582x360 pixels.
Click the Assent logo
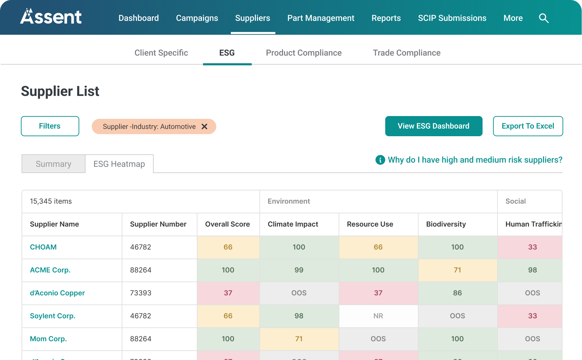(51, 17)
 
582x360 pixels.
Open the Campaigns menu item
(197, 18)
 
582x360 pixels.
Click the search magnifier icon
(543, 18)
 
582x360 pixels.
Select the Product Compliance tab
(304, 53)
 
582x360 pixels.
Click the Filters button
(50, 126)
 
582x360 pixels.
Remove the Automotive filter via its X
(204, 126)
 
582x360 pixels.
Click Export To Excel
(527, 126)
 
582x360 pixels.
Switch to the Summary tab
(53, 164)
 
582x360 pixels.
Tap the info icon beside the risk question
(380, 160)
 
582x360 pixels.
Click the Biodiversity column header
(446, 224)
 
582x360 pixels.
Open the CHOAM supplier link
(43, 247)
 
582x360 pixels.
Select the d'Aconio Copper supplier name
(57, 293)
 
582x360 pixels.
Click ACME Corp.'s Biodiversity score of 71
(457, 270)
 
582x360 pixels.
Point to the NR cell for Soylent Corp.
(378, 316)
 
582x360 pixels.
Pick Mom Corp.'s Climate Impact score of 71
(299, 339)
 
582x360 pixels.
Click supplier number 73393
(140, 293)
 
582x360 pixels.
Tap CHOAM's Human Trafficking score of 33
(532, 247)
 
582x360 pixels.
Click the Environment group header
(289, 201)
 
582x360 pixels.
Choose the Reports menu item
(386, 18)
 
